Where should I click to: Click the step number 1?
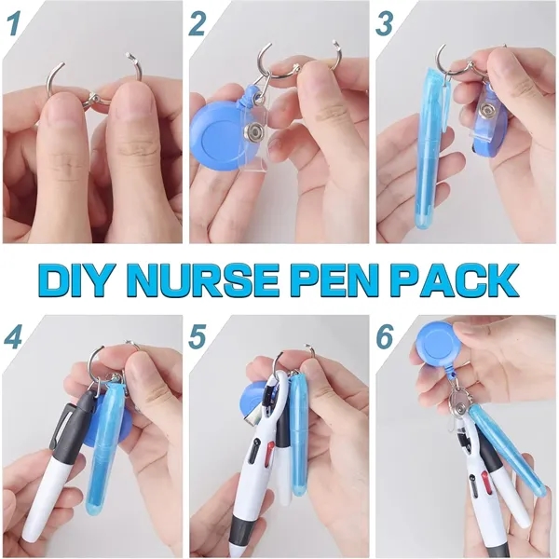15,24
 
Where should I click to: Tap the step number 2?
198,24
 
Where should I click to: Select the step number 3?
385,24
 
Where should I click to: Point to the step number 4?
14,336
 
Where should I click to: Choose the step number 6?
385,336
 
